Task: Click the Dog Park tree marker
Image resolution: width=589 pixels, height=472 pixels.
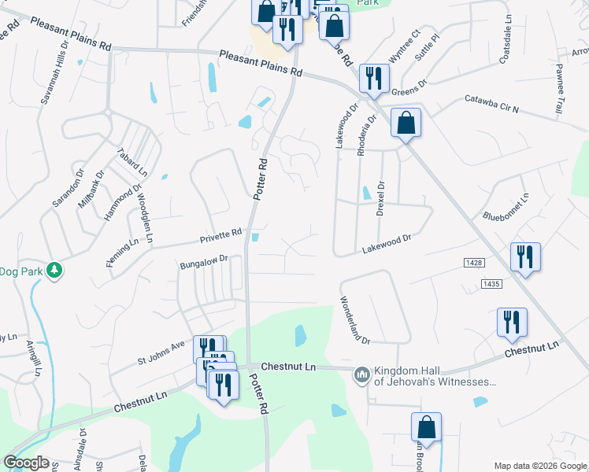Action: click(x=54, y=271)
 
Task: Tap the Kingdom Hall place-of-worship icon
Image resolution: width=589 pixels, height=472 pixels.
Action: click(x=361, y=374)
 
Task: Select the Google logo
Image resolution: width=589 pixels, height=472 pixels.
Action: click(x=26, y=463)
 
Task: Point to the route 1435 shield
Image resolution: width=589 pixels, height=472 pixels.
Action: click(x=491, y=283)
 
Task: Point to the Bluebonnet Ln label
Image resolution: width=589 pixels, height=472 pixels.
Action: click(x=503, y=206)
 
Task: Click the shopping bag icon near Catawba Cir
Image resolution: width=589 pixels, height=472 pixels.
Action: click(x=406, y=124)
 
